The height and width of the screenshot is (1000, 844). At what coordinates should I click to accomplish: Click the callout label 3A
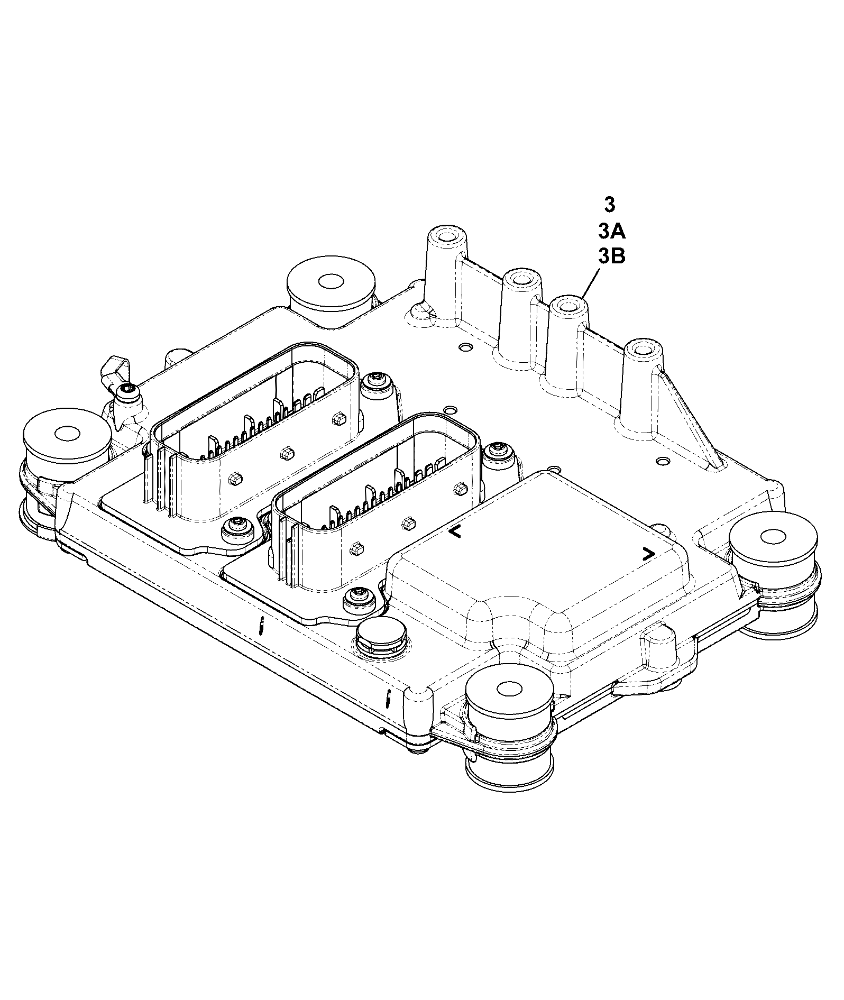point(612,231)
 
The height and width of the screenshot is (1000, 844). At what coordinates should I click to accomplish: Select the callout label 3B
point(612,256)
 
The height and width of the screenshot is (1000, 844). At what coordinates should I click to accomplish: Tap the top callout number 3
point(610,205)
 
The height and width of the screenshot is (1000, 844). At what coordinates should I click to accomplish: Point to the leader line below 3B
point(590,282)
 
